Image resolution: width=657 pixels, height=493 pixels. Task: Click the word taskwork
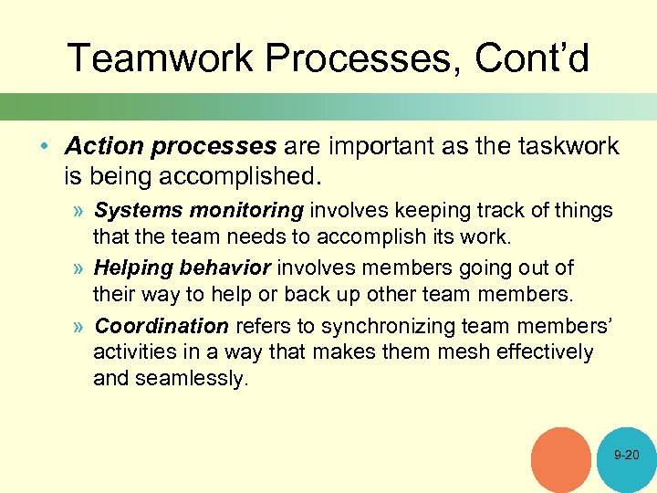coord(567,146)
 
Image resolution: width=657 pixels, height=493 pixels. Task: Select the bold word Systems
coord(134,211)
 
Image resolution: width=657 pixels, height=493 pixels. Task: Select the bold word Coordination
coord(162,326)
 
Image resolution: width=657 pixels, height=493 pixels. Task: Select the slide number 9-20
coord(627,455)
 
